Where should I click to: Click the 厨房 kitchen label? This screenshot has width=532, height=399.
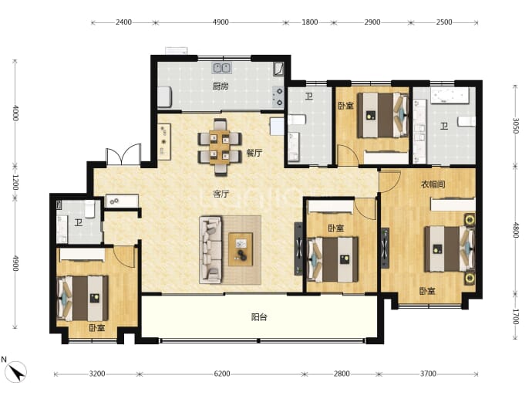pos(221,86)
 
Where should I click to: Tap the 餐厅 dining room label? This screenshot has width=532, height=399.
pos(254,153)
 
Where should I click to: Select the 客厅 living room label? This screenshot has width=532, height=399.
pos(221,194)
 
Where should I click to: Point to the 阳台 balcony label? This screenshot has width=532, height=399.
pos(259,317)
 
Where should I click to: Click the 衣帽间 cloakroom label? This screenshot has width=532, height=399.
pos(433,184)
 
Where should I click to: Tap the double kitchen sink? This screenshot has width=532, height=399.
pos(222,68)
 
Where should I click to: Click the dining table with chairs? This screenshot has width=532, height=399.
pos(220,147)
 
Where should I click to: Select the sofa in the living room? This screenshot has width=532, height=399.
pos(210,250)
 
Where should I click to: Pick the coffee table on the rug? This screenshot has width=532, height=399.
pos(241,249)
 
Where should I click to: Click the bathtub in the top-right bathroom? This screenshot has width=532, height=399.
pos(450,96)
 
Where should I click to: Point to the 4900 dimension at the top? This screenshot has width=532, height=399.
pos(221,22)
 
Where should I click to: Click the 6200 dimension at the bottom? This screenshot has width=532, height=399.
pos(222,374)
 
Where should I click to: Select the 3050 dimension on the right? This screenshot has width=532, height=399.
pos(516,126)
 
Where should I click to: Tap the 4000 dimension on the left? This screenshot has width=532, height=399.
pos(15,113)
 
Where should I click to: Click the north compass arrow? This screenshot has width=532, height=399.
pos(17,371)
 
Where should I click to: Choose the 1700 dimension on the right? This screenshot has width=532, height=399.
pos(516,316)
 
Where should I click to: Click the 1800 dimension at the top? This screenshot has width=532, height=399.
pos(310,22)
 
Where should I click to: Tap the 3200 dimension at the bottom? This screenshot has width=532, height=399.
pos(97,374)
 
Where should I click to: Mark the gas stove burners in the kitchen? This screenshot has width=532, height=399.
pos(278,96)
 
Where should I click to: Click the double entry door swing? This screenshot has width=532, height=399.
pos(123,154)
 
